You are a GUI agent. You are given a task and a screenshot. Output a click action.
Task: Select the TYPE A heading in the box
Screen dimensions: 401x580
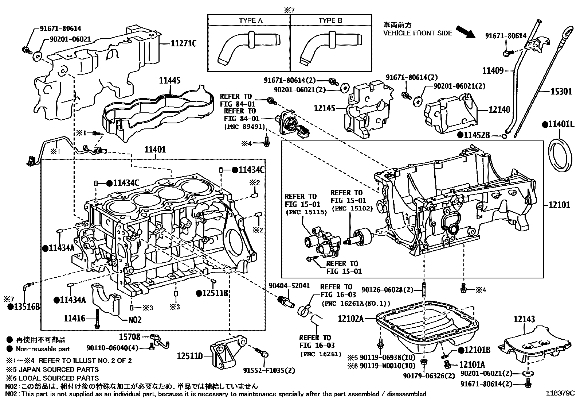(x=250, y=20)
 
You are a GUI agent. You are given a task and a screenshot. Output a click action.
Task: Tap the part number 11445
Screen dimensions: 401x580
(x=169, y=81)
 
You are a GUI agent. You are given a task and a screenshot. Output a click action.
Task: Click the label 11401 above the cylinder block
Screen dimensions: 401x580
(x=155, y=149)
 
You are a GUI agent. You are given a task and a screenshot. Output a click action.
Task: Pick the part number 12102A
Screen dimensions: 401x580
(x=351, y=319)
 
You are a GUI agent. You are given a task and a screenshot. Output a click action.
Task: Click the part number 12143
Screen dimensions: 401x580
(x=525, y=320)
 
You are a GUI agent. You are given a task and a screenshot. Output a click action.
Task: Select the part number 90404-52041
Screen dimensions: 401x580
(x=289, y=286)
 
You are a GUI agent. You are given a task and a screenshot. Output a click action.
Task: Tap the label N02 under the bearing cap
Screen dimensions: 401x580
(x=135, y=320)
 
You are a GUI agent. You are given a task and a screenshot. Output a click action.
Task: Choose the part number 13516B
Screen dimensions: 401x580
(x=24, y=307)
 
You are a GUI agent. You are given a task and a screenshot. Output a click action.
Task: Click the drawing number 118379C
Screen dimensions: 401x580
(x=560, y=394)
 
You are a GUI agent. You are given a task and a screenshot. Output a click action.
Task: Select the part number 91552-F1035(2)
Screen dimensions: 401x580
(x=269, y=370)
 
